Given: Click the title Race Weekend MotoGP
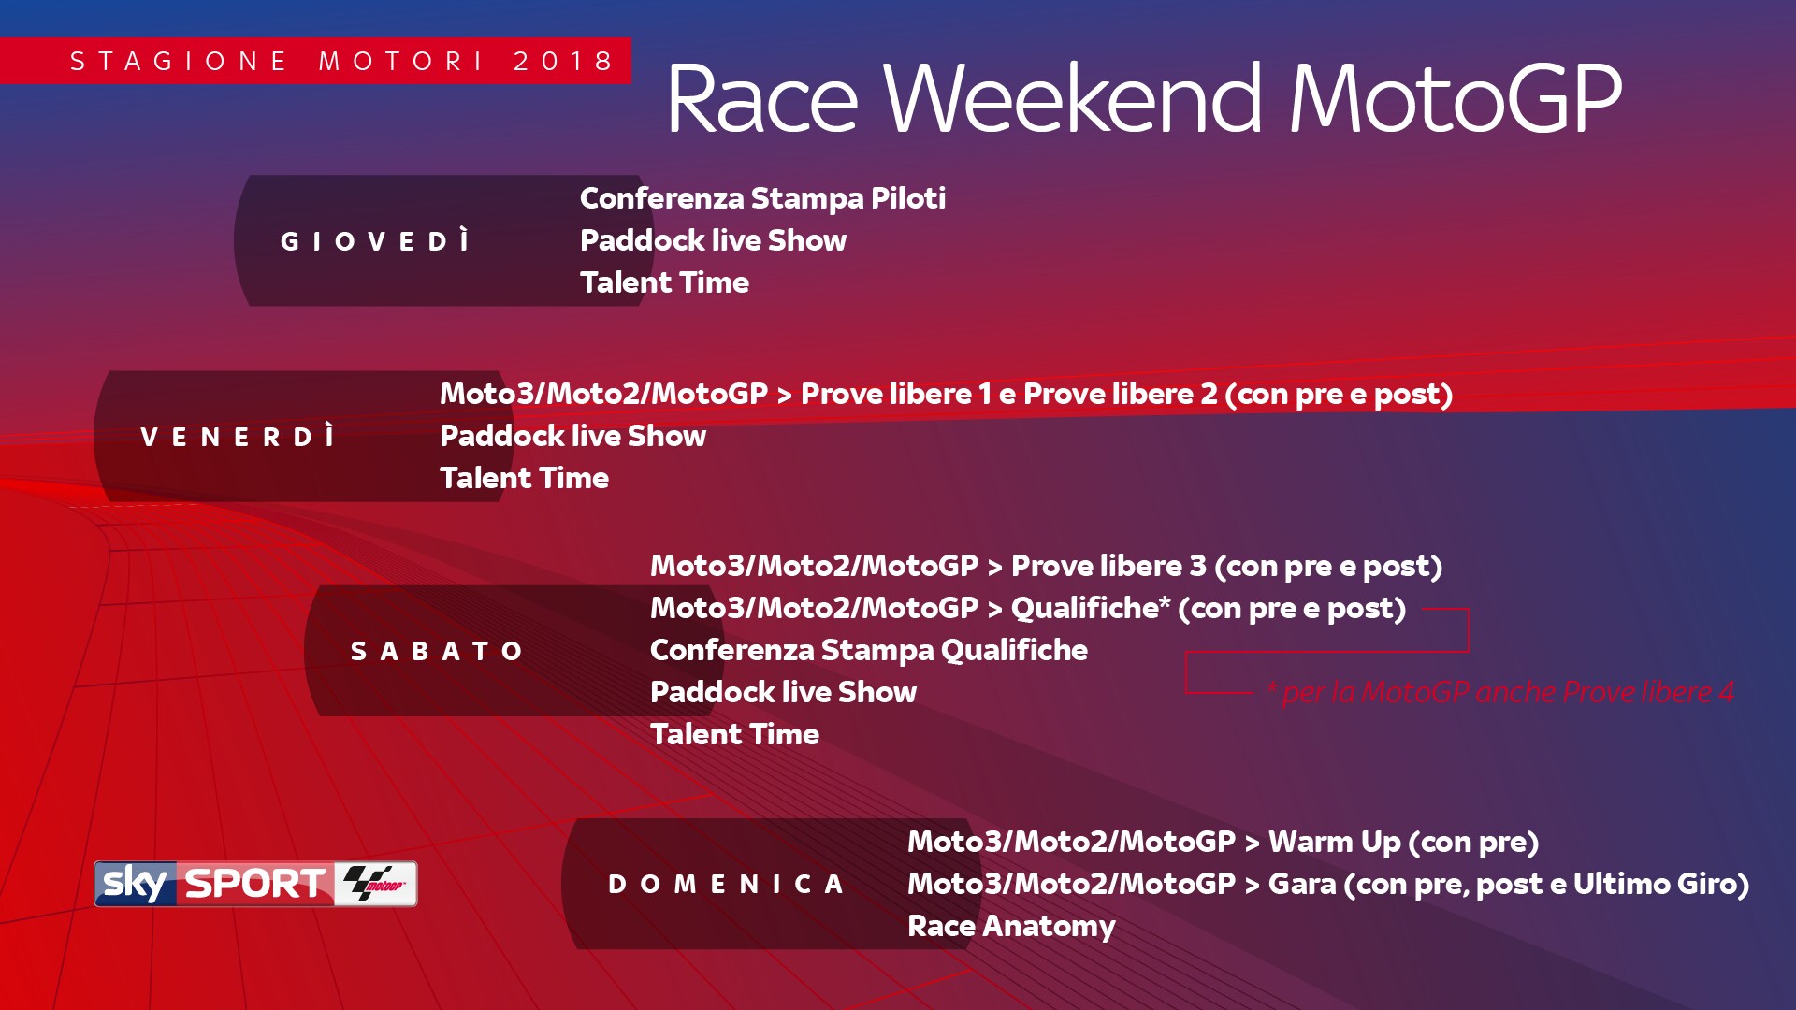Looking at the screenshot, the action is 1144,98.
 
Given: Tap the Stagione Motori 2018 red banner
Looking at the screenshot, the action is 315,61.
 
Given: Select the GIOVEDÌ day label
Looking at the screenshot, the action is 375,241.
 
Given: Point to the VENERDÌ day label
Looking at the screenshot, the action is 238,437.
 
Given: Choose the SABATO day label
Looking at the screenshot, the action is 436,651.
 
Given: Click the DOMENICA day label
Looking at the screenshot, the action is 726,884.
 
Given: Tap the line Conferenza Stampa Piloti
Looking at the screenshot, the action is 762,198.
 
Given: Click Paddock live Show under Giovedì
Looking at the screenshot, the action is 713,240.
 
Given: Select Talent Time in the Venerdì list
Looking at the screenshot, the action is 524,478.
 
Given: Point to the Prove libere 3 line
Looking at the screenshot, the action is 1046,566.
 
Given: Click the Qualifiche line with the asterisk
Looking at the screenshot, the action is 1028,608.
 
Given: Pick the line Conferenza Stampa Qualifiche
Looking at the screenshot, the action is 869,650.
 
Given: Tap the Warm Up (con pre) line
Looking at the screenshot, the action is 1223,842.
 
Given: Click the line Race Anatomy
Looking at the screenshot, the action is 1011,926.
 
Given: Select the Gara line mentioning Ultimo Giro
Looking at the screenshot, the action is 1328,884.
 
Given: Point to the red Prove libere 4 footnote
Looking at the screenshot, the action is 1500,692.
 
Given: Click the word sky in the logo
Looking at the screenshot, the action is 136,883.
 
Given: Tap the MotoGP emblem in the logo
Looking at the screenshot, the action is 375,883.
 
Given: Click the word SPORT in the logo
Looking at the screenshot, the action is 255,884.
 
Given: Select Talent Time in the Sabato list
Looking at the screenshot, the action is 734,734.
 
